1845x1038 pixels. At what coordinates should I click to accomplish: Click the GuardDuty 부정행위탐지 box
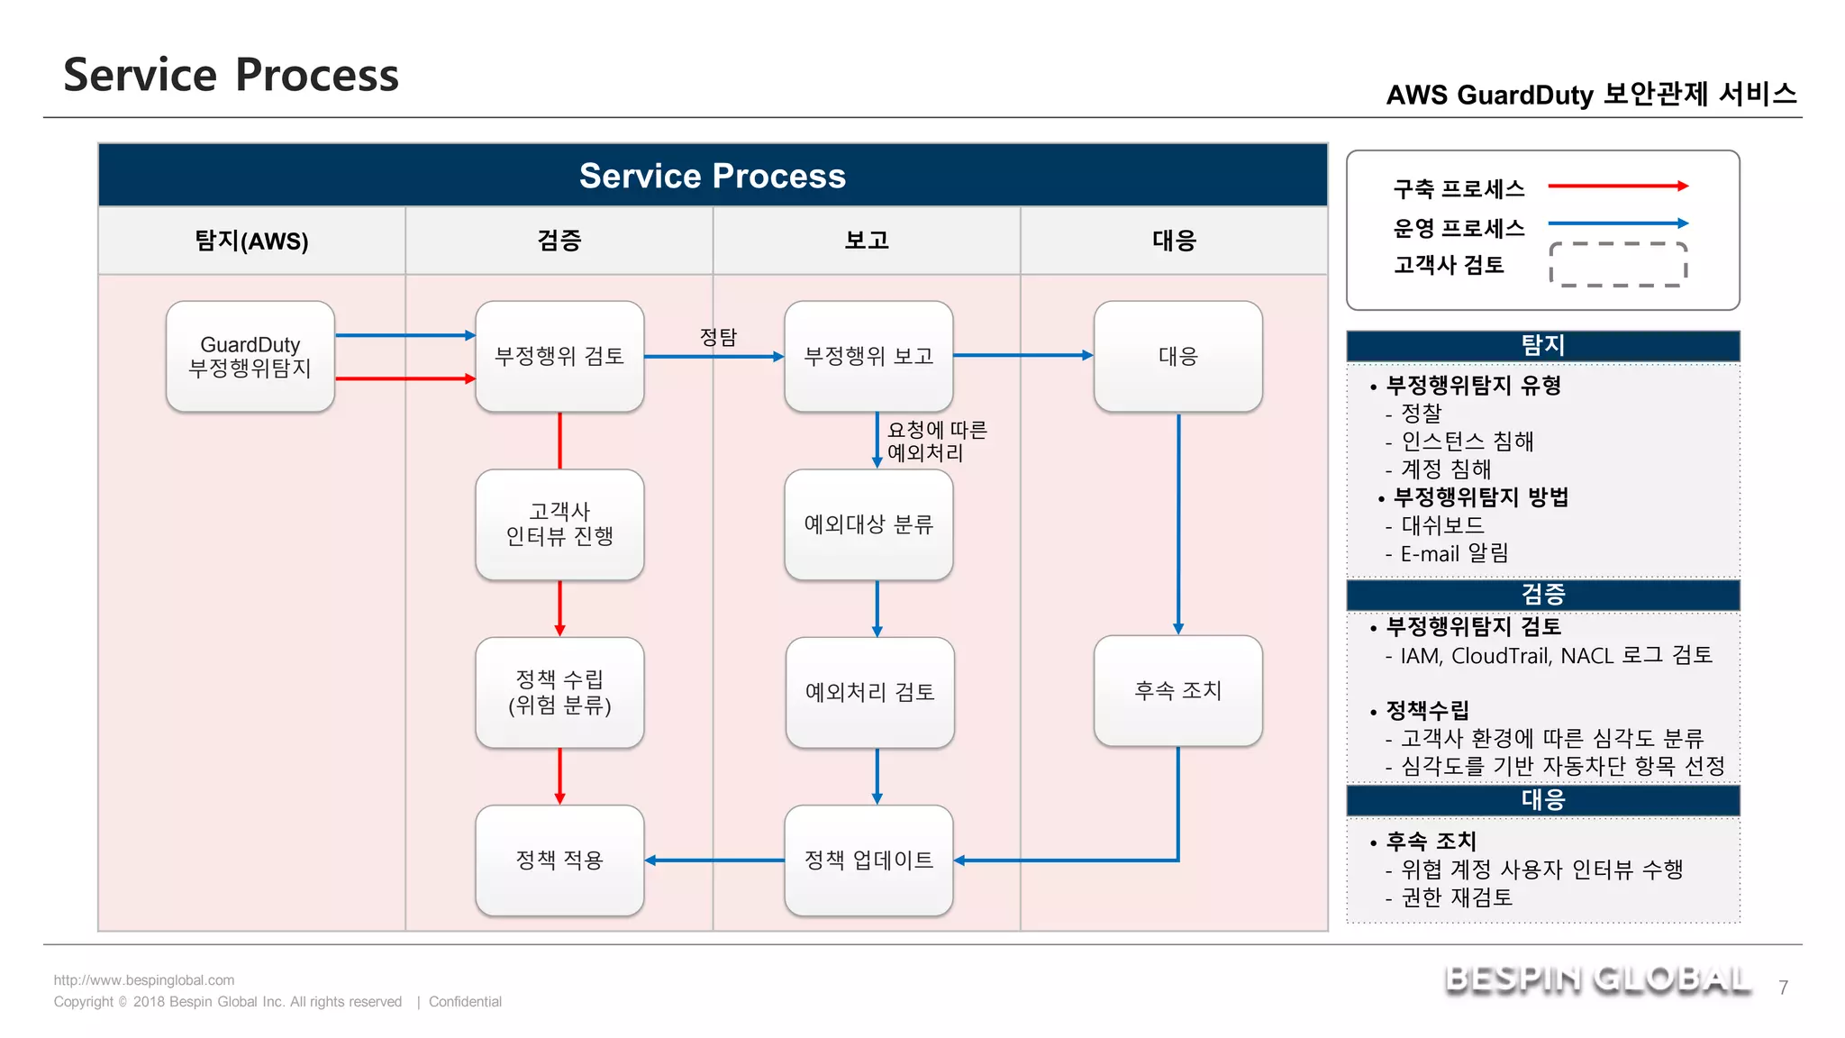point(250,357)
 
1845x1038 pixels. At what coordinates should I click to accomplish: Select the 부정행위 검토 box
point(559,357)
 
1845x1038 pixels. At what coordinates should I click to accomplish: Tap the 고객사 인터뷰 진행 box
point(559,524)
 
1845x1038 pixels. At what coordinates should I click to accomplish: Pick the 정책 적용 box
point(559,860)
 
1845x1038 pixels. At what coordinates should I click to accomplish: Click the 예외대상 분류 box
point(868,524)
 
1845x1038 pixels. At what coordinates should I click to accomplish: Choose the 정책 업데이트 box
point(868,860)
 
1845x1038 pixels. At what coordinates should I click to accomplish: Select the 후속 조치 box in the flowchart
point(1177,691)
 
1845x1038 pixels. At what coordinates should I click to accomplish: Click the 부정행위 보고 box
point(868,357)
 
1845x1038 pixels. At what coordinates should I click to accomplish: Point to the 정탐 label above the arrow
point(718,337)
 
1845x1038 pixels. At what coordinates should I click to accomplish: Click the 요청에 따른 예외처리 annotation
point(937,442)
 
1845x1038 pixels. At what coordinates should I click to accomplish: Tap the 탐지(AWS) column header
point(251,241)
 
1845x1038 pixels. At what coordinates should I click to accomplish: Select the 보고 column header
point(867,241)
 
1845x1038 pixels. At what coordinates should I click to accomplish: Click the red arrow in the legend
point(1617,187)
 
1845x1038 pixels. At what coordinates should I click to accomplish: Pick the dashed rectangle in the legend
point(1617,264)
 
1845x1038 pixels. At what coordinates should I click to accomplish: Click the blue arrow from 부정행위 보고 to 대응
point(1022,356)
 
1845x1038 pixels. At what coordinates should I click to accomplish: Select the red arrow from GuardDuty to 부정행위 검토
point(404,379)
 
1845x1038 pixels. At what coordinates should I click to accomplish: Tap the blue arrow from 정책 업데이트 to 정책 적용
point(714,860)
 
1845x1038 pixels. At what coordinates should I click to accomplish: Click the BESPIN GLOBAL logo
point(1597,979)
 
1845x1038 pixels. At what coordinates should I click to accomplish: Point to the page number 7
point(1783,988)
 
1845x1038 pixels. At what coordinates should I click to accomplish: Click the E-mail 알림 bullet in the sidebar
point(1453,553)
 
